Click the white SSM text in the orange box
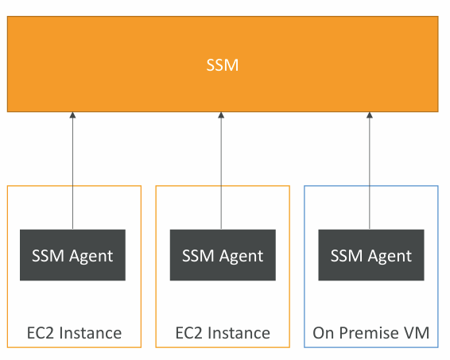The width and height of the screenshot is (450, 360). [223, 65]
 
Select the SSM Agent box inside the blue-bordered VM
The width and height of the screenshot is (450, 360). [371, 255]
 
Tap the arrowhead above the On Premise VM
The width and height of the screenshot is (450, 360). [370, 115]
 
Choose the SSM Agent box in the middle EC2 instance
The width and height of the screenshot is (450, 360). [223, 255]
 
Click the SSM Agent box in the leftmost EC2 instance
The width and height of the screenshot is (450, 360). [72, 255]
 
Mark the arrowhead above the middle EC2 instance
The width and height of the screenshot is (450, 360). [221, 115]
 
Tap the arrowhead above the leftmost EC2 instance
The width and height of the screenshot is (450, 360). [72, 115]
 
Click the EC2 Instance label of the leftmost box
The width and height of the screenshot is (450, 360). [74, 333]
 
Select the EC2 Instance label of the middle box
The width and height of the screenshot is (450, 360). [223, 333]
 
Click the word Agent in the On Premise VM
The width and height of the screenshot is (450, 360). [390, 256]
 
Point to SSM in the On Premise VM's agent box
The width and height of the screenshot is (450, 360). [347, 255]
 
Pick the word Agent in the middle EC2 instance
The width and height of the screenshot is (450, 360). [242, 256]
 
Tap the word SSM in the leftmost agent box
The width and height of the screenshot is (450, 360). [48, 255]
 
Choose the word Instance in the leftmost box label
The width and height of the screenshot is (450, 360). [91, 333]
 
